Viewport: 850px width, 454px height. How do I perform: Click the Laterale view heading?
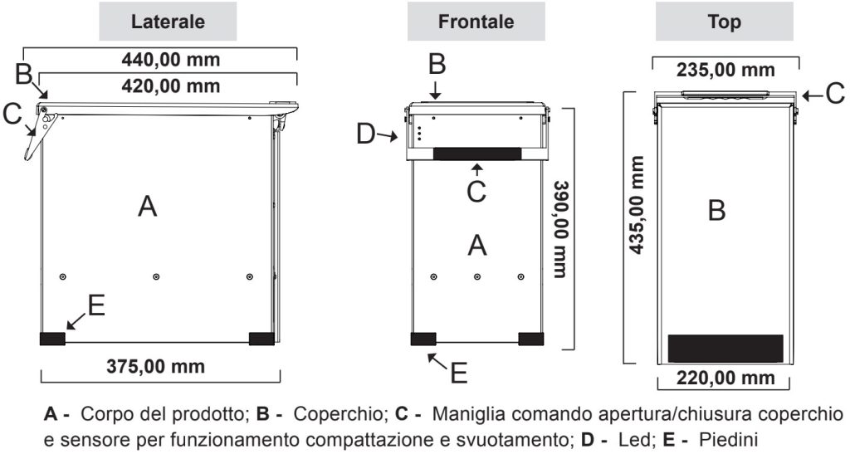(169, 22)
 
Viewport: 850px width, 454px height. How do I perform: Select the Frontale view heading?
(476, 22)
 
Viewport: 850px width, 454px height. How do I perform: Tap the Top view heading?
(725, 22)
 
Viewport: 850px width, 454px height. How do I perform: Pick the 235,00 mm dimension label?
(726, 70)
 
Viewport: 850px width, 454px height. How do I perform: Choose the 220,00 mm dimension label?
(725, 378)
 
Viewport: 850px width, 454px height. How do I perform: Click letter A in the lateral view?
(147, 207)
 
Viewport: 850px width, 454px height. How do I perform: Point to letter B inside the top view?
(716, 211)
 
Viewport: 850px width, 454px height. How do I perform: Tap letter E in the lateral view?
(96, 306)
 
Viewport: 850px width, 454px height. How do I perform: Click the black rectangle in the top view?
(725, 348)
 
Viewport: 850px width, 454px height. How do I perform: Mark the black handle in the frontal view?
(476, 154)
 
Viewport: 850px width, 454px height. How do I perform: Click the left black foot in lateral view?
(52, 338)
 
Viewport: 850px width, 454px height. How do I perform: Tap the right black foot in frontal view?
(530, 338)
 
